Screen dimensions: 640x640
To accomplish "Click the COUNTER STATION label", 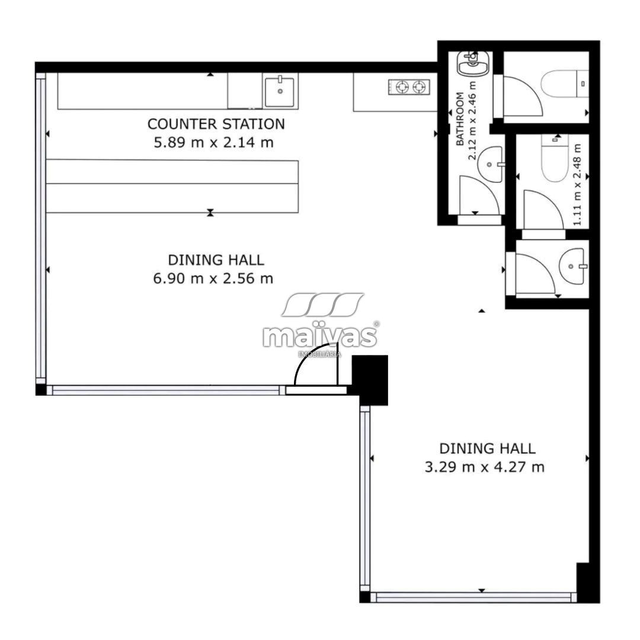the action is point(216,124).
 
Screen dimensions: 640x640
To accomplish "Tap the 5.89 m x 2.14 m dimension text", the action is point(213,142).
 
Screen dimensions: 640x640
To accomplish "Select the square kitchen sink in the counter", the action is point(280,91).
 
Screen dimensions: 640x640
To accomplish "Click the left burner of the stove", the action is point(403,87).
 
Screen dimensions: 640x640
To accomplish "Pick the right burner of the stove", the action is point(418,87).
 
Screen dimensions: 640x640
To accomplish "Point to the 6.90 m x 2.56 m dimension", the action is point(213,279).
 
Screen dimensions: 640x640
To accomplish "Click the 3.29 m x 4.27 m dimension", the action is point(485,467).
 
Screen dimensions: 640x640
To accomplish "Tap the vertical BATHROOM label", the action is point(460,119).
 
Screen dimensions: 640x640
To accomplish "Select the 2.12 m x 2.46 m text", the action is point(472,121).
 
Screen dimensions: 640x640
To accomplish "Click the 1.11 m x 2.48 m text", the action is point(577,184).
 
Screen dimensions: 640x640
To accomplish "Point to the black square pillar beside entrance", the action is point(370,380).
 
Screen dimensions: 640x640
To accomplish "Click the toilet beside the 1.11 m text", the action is point(555,158).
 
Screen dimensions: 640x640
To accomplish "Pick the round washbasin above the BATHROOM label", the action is point(473,63).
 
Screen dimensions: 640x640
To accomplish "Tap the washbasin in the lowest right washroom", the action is point(574,267).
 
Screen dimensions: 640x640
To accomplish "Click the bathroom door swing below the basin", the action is point(479,195).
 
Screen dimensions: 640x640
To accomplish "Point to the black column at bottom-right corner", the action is point(588,583).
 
